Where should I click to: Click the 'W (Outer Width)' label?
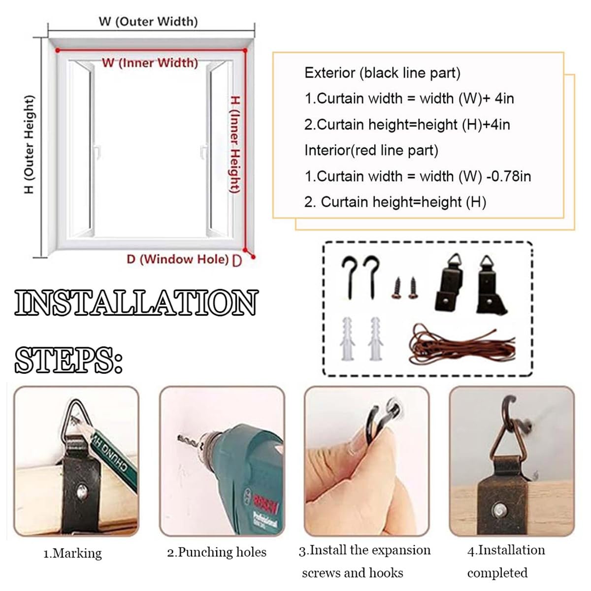pyautogui.click(x=148, y=22)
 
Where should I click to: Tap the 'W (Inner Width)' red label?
pyautogui.click(x=150, y=63)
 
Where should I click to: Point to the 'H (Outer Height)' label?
pyautogui.click(x=29, y=144)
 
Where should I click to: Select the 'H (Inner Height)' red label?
pyautogui.click(x=235, y=144)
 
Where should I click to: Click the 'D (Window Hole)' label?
pyautogui.click(x=178, y=260)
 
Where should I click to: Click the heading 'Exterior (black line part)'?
pyautogui.click(x=383, y=73)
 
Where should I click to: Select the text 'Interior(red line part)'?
pyautogui.click(x=371, y=150)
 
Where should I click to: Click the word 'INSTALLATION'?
pyautogui.click(x=136, y=302)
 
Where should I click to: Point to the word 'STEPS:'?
pyautogui.click(x=68, y=360)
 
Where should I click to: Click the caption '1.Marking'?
pyautogui.click(x=72, y=554)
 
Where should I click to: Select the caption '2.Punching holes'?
pyautogui.click(x=217, y=553)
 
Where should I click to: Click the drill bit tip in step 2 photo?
pyautogui.click(x=179, y=437)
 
